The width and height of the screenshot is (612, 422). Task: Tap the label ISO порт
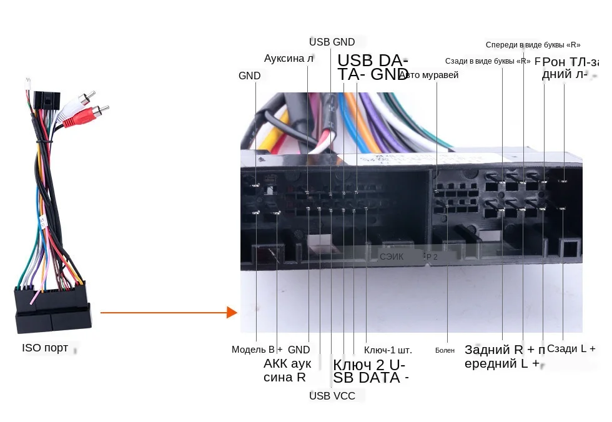[45, 348]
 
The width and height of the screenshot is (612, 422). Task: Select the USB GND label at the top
[332, 42]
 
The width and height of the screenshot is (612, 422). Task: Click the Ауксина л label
[289, 59]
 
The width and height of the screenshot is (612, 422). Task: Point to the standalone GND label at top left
[249, 76]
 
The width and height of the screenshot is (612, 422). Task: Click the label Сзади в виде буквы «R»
[488, 61]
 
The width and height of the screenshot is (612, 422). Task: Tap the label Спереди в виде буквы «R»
[533, 45]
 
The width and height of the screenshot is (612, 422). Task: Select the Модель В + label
[257, 350]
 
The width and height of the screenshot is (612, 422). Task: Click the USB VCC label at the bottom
[332, 396]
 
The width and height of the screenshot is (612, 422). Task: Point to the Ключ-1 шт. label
[388, 350]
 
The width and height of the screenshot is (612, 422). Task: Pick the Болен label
[445, 350]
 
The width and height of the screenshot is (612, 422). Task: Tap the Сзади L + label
[571, 349]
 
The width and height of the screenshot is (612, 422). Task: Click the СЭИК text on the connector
[392, 257]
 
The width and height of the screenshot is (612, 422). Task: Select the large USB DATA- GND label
[373, 67]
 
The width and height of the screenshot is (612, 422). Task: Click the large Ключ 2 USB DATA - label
[370, 371]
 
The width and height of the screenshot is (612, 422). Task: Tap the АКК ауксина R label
[287, 370]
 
